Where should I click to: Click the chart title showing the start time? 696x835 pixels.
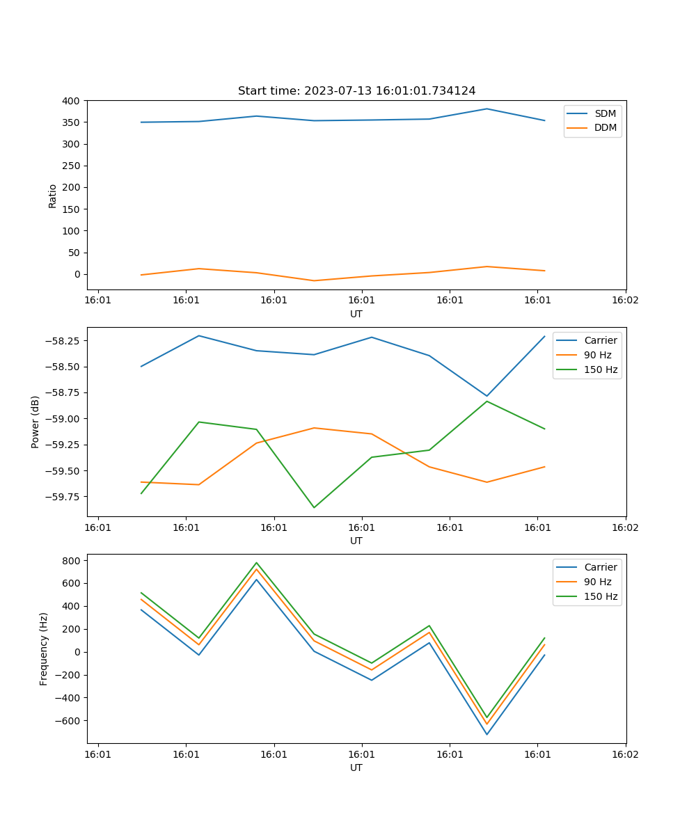(x=356, y=91)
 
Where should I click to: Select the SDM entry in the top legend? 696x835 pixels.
(x=605, y=113)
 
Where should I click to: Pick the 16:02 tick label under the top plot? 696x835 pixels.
(x=625, y=301)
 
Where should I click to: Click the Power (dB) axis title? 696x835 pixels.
(x=35, y=422)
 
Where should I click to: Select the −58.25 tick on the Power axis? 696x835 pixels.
(x=63, y=341)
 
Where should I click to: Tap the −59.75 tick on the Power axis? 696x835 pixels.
(x=63, y=497)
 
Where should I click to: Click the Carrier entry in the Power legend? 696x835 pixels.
(x=601, y=340)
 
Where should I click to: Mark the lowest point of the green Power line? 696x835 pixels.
(x=314, y=507)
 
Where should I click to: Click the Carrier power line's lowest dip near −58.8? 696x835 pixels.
(x=487, y=396)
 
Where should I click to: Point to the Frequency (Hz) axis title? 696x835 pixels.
(x=44, y=649)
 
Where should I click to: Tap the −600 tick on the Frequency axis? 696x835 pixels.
(x=69, y=721)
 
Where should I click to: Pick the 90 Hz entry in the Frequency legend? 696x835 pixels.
(x=597, y=582)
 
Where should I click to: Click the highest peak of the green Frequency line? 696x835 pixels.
(x=256, y=563)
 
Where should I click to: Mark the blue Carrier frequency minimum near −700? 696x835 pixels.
(x=487, y=734)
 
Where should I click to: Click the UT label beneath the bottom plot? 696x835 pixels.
(x=356, y=768)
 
